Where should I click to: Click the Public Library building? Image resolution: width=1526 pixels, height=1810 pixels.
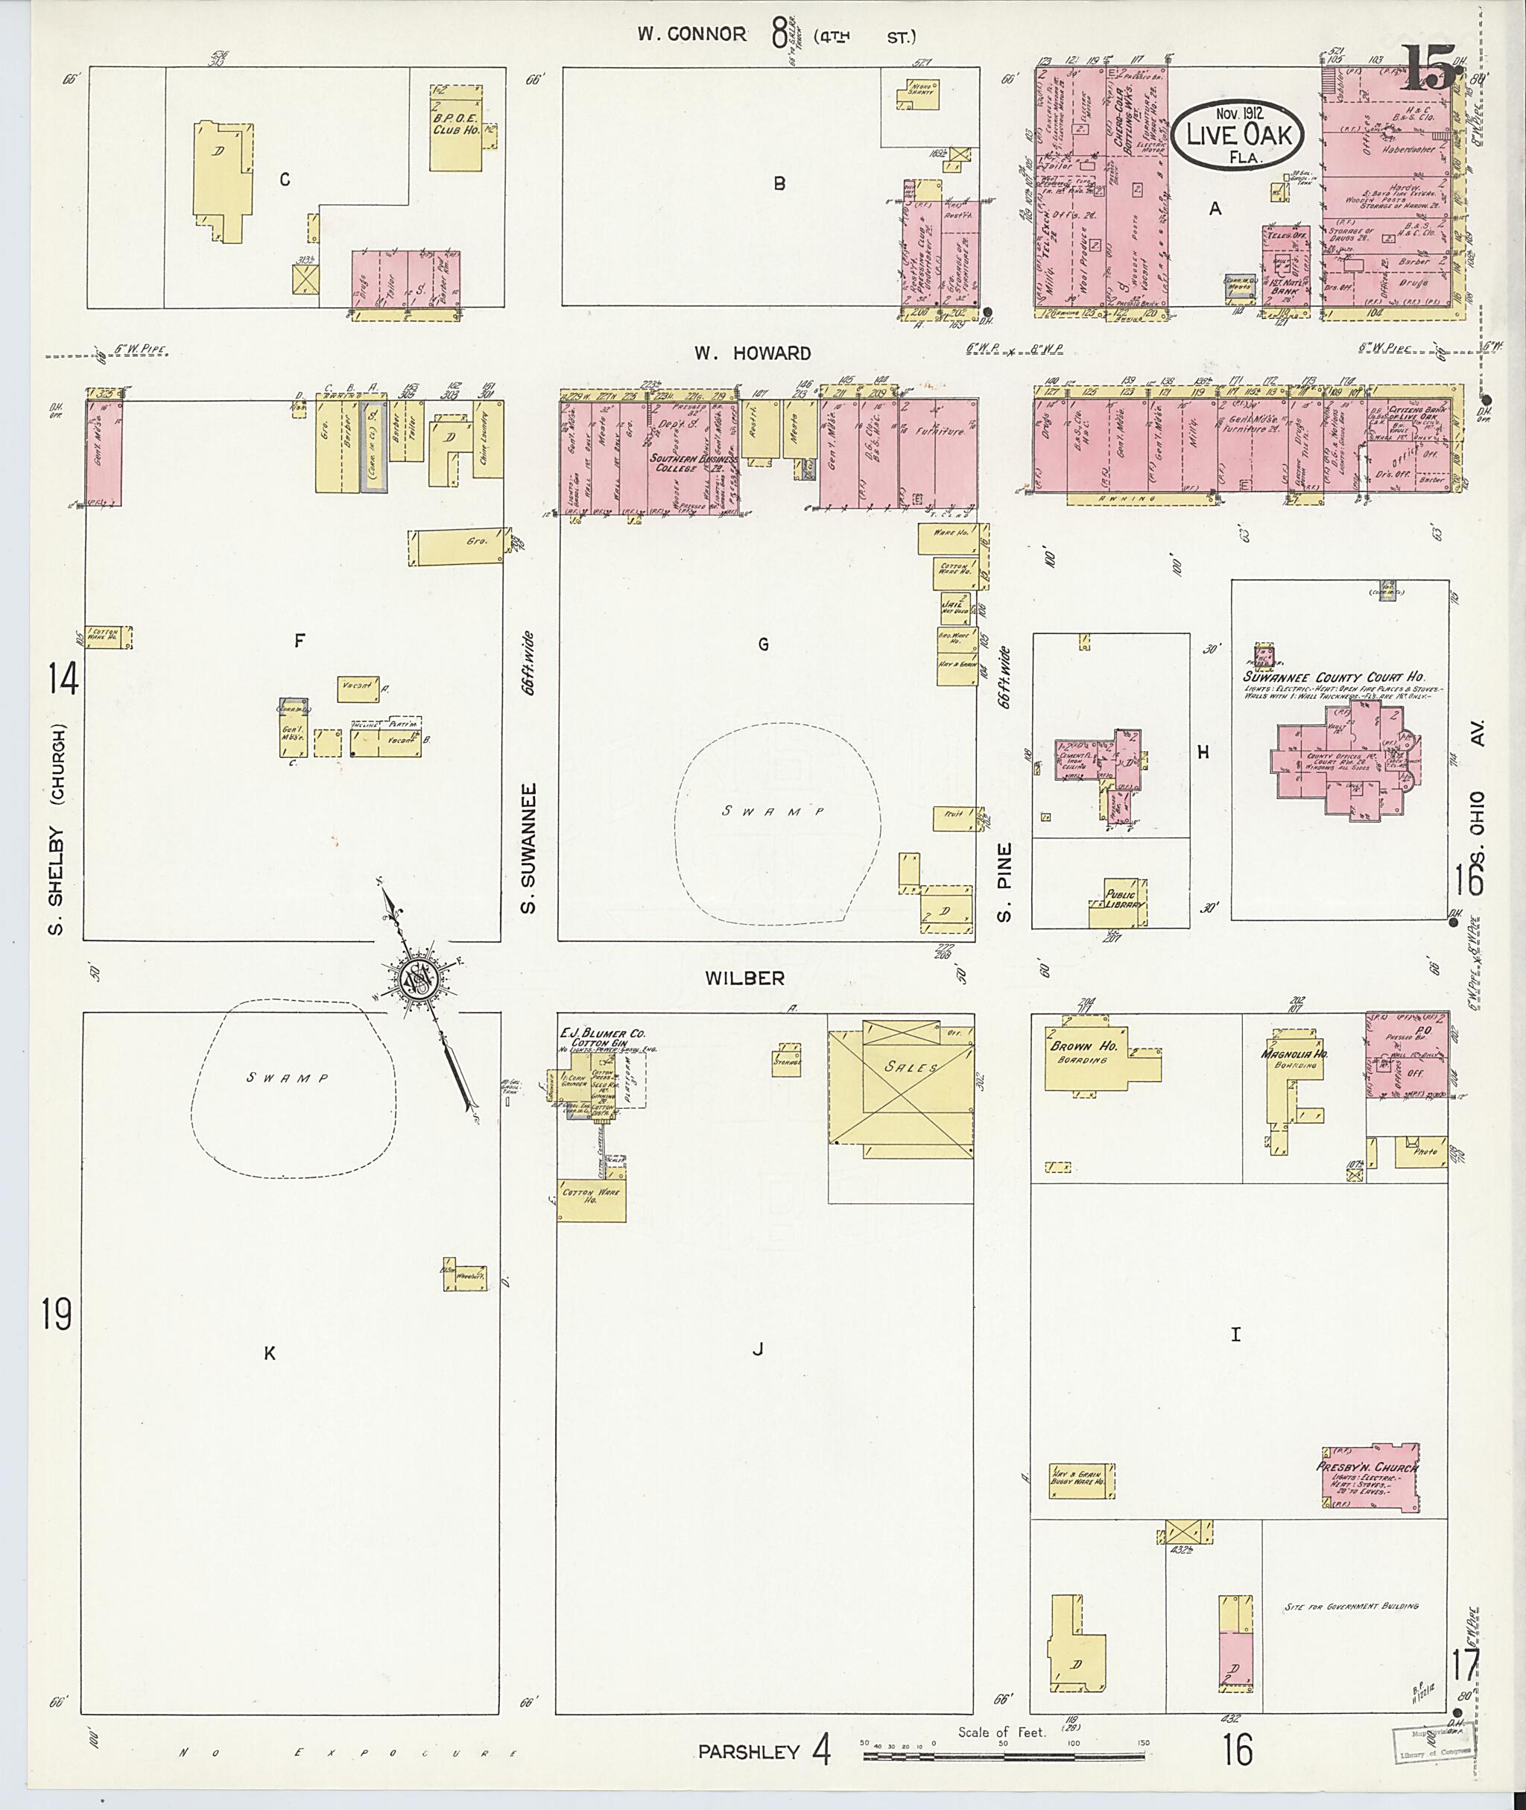coord(1119,905)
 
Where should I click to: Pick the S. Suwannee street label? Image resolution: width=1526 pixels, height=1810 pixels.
coord(531,848)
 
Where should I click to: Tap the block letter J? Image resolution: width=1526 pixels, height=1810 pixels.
coord(758,1349)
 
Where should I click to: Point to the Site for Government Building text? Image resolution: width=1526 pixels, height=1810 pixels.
coord(1351,1607)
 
